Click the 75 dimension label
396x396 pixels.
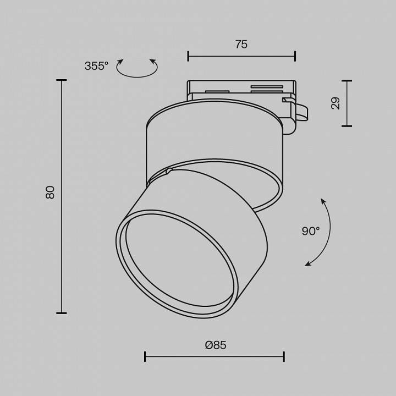[x=241, y=45]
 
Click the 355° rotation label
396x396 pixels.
[x=96, y=66]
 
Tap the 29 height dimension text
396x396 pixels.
[x=335, y=103]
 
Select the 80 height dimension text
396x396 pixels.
[x=50, y=192]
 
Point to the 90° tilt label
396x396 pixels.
[x=310, y=231]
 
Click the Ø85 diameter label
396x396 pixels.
[x=216, y=345]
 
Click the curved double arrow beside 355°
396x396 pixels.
[x=137, y=68]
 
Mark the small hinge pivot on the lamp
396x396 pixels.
[x=169, y=172]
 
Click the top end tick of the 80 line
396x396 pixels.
[x=61, y=80]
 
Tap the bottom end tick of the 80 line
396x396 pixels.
[x=61, y=313]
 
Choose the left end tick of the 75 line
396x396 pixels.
[x=188, y=56]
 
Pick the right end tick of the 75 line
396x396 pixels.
[x=295, y=56]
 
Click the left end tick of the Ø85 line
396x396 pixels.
[x=145, y=356]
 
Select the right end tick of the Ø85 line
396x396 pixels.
[x=284, y=356]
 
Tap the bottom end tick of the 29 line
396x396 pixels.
[x=346, y=126]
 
